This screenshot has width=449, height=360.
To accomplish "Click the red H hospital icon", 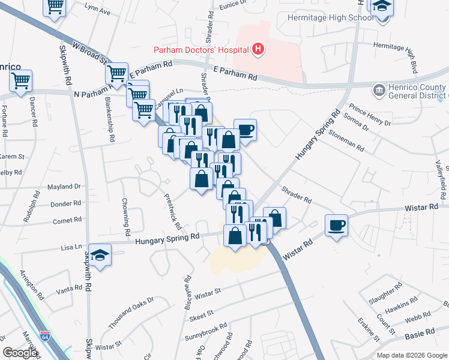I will coord(258,49).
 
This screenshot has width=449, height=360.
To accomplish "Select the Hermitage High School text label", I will coord(322,17).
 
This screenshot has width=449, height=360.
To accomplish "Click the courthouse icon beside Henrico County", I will coord(379,91).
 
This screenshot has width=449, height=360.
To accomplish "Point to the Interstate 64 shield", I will coord(45,336).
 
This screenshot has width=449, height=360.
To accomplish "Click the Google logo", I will coord(20,353).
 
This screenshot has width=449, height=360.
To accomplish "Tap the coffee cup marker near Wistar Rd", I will coord(336,226).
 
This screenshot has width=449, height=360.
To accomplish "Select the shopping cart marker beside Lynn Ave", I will coord(55,7).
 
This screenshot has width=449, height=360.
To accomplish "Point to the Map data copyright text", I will coord(412,355).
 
